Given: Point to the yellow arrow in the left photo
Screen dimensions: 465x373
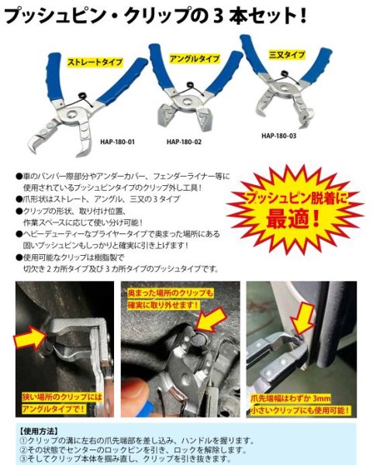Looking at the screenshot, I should [30, 339].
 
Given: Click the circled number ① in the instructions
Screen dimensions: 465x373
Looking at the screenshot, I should [22, 438].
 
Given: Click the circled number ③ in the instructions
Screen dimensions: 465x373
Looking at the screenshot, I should [22, 458].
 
